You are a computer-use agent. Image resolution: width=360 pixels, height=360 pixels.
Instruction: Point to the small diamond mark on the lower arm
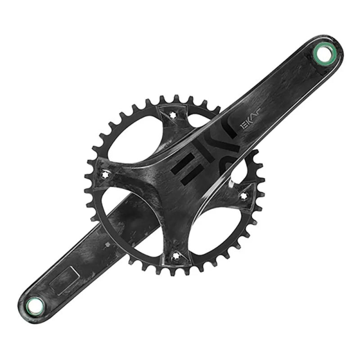coord(107,245)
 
